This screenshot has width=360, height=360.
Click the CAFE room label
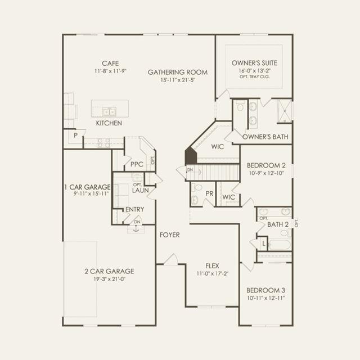(110, 64)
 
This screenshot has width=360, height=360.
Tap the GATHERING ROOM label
(178, 73)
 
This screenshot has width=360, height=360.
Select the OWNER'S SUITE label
(254, 63)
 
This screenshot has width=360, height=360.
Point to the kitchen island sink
(109, 112)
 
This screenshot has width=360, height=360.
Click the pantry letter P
(76, 136)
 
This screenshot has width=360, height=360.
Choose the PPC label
(137, 164)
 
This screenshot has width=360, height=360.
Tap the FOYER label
(170, 235)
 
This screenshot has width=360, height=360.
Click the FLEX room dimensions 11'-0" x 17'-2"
(213, 274)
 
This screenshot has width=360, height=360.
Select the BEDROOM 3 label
(266, 290)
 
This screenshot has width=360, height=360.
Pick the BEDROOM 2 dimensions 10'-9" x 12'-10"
(267, 173)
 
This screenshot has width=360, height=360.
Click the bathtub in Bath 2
(280, 245)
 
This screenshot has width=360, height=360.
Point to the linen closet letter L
(264, 244)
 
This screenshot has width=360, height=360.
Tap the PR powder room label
(209, 193)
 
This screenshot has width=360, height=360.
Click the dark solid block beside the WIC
(191, 156)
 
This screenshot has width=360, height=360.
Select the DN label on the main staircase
(190, 170)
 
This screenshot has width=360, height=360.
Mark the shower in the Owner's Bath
(285, 111)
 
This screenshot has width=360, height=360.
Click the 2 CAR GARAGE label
(109, 271)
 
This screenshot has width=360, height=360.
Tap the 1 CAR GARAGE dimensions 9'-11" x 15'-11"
(91, 193)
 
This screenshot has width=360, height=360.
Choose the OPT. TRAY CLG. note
(255, 76)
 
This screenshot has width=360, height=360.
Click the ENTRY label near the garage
(135, 209)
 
